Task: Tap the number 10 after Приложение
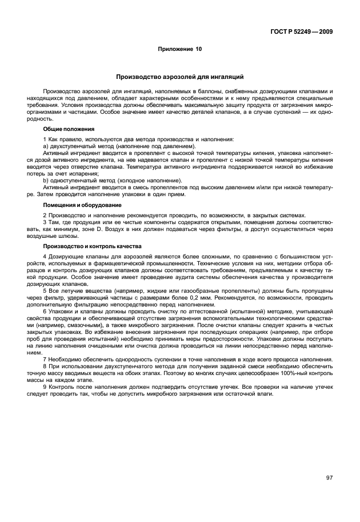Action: pyautogui.click(x=198, y=49)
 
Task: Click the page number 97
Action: pyautogui.click(x=329, y=478)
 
